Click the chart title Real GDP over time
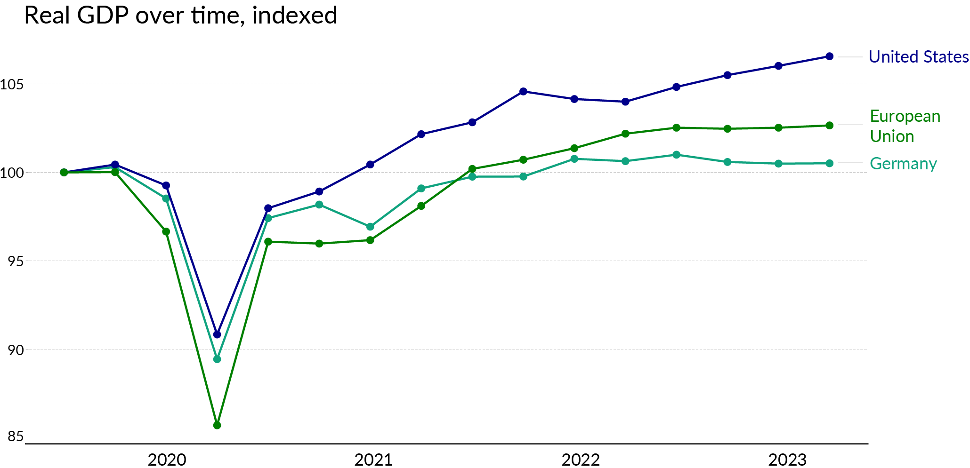(180, 16)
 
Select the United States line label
(918, 57)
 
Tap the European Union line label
(905, 126)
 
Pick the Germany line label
(903, 164)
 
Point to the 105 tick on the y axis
(12, 85)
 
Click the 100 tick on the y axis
(12, 173)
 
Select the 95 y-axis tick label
(16, 262)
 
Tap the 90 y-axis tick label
(16, 350)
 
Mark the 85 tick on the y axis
(16, 437)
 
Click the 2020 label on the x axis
(167, 460)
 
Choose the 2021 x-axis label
(373, 460)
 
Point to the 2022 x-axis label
(581, 460)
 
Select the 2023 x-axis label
(787, 460)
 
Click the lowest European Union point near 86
(217, 425)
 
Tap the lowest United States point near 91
(217, 334)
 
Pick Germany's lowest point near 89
(217, 359)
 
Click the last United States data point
(830, 56)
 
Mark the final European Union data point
(830, 126)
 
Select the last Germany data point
(830, 163)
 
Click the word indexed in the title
(295, 16)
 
